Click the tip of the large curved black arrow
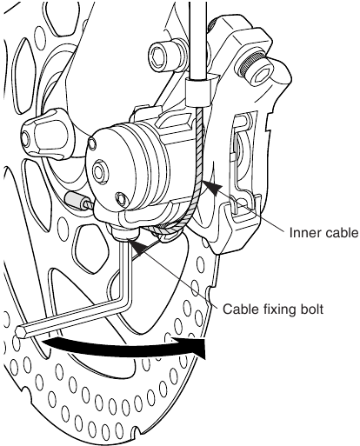(x=209, y=349)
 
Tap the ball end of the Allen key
(x=23, y=331)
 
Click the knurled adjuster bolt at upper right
(x=255, y=61)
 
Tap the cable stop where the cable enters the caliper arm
(x=199, y=88)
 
